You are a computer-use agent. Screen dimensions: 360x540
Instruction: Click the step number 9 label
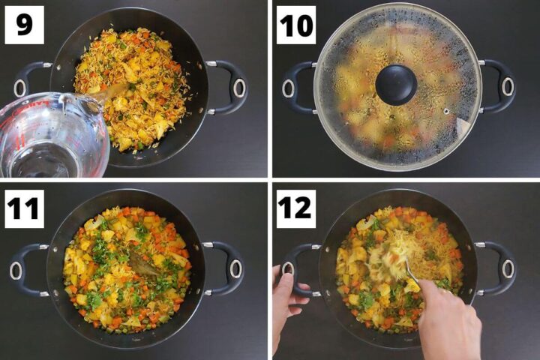click(x=25, y=25)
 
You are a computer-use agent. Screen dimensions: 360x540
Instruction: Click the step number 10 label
click(x=297, y=25)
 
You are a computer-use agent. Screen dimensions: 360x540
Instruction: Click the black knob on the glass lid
click(x=396, y=84)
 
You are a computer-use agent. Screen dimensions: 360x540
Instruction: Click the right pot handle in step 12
click(x=500, y=268)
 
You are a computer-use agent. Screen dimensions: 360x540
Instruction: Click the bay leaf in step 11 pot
click(x=142, y=262)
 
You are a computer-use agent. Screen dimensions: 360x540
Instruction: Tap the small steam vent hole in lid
click(x=446, y=110)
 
